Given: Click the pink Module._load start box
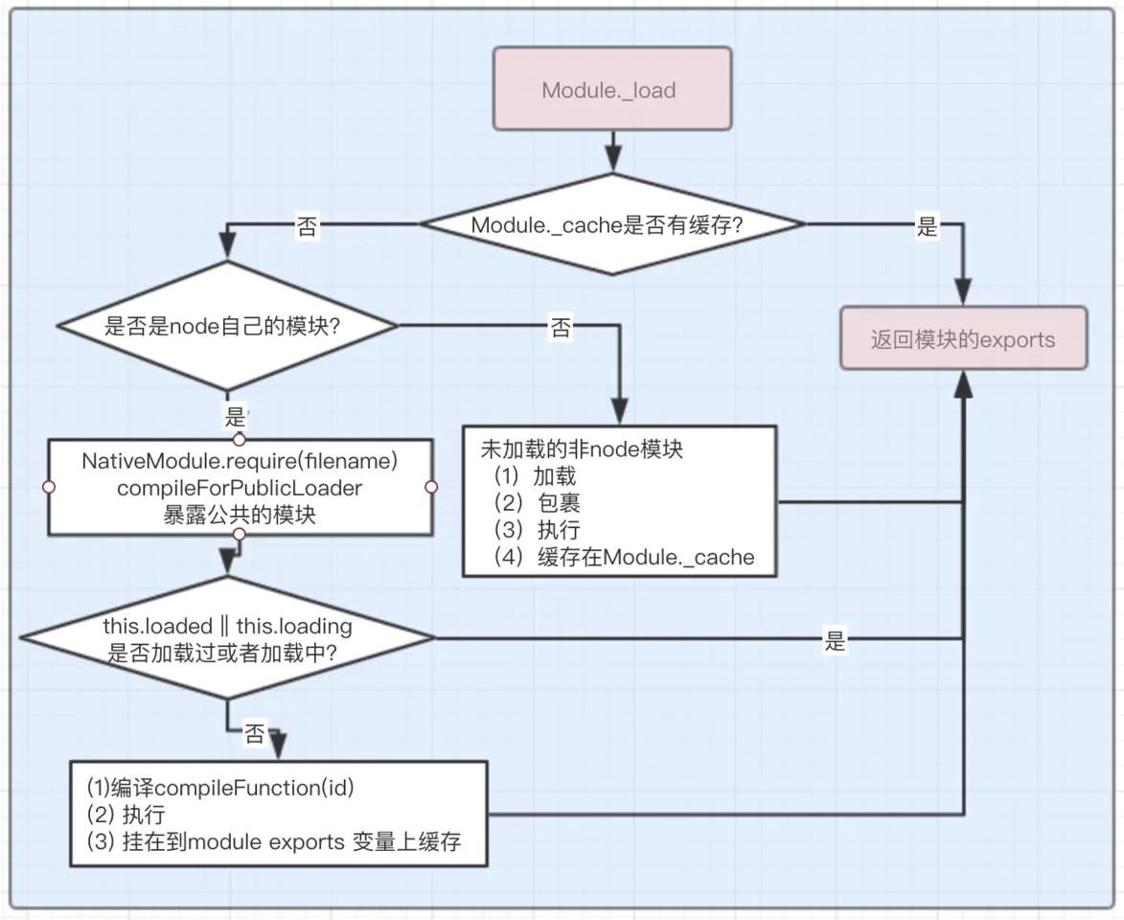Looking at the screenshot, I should coord(611,89).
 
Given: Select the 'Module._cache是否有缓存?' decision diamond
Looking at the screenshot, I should coord(611,225).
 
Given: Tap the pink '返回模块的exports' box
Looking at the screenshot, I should coord(963,339).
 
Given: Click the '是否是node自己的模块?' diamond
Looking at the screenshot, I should coord(226,326).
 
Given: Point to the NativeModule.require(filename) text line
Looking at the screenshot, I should coord(240,461).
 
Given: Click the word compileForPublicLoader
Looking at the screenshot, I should coord(240,488).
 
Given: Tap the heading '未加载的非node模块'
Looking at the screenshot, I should coord(582,448).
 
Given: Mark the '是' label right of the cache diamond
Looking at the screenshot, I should coord(928,227).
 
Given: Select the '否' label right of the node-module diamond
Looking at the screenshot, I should coord(561,329).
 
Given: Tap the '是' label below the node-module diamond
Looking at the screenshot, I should coord(235,416).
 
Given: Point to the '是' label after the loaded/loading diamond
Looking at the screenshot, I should coord(836,641).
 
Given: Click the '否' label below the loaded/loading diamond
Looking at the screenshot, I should coord(255,734).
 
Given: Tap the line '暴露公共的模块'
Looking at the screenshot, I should coord(240,514).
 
